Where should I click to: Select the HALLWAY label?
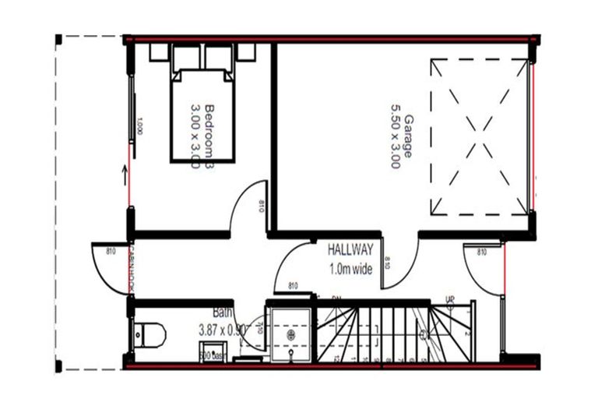point(350,251)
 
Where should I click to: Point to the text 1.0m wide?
point(351,270)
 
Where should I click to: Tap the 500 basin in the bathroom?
point(212,355)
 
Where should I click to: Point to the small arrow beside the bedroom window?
point(125,172)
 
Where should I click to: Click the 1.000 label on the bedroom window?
point(139,125)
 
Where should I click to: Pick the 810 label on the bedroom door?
point(262,207)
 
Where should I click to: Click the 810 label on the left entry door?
point(110,252)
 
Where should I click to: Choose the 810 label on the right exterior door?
point(481,252)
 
